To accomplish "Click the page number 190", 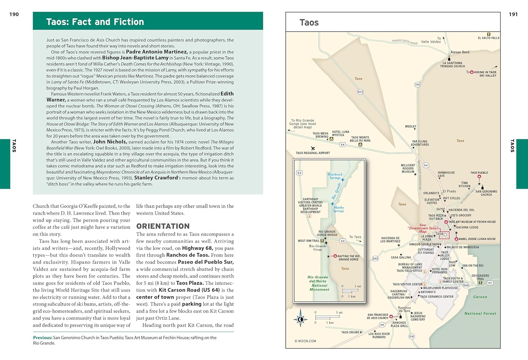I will (14, 14).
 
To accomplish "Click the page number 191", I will (513, 14).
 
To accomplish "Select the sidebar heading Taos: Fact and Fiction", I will (95, 22).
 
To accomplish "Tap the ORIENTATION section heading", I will (163, 226).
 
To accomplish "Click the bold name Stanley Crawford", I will (156, 178).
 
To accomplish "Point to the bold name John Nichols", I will (109, 141).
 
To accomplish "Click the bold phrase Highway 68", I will (197, 248).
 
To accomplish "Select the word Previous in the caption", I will (42, 337).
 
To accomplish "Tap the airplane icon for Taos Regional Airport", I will (313, 149).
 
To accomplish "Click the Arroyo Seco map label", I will (460, 52).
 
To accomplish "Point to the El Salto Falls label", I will (489, 38).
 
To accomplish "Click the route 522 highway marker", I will (360, 92).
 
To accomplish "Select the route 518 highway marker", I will (411, 337).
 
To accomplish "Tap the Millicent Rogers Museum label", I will (408, 169).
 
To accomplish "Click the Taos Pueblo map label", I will (479, 173).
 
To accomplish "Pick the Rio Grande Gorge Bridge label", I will (327, 233).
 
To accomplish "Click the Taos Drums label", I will (350, 332).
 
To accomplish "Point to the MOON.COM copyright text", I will (305, 341).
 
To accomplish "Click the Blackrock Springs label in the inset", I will (335, 176).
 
